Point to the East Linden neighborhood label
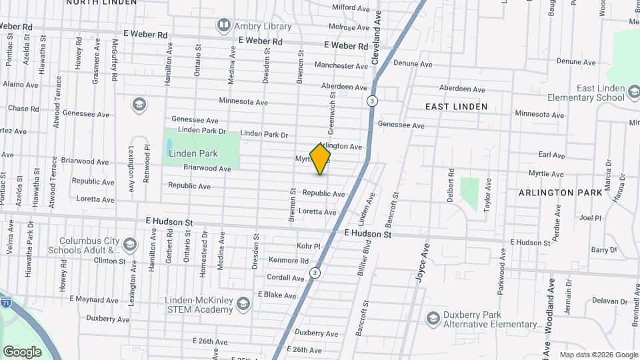457,107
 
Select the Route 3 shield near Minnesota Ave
372,101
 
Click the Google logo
22,351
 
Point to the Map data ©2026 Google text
598,355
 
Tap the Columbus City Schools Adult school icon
129,245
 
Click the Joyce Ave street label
422,263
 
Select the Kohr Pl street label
309,246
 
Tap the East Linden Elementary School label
591,93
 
